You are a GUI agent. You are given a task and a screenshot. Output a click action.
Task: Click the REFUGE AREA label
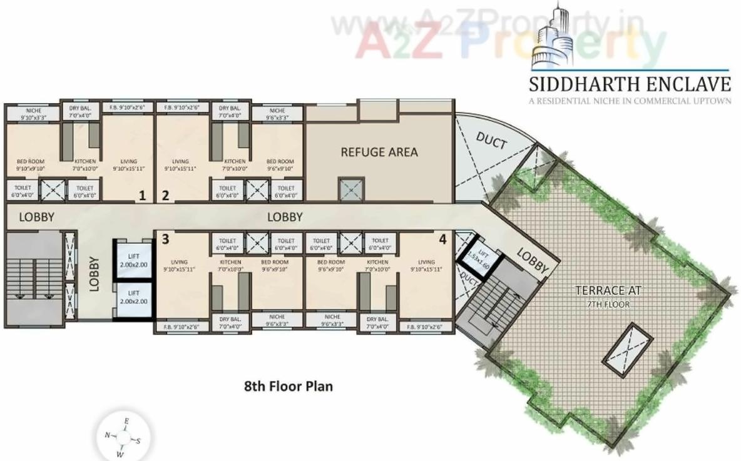[379, 152]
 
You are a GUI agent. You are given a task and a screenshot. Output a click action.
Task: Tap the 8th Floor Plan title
[288, 386]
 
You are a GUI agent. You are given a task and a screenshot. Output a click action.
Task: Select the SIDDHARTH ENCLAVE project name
[630, 83]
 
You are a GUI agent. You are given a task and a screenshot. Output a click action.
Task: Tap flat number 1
[142, 196]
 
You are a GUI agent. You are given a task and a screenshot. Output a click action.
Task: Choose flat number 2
[165, 196]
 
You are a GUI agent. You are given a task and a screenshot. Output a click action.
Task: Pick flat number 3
[165, 239]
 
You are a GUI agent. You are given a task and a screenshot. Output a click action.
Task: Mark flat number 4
[442, 239]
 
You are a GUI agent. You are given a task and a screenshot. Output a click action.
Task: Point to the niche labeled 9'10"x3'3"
[33, 114]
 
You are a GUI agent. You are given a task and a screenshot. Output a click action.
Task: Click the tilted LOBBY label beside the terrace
[534, 259]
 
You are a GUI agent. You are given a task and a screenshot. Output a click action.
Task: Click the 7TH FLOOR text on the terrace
[609, 305]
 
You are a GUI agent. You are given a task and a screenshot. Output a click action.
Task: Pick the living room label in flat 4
[426, 265]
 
